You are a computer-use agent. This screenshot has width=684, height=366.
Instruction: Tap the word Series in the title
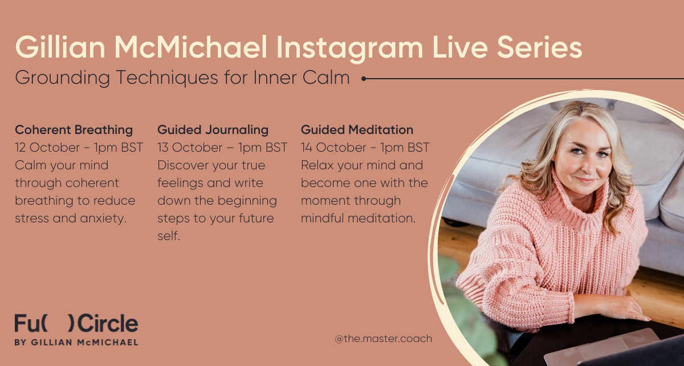click(540, 47)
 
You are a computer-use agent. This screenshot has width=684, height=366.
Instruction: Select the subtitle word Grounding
click(62, 78)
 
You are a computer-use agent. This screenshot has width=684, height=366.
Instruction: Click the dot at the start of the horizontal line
click(364, 79)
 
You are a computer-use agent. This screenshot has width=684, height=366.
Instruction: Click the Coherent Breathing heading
click(74, 130)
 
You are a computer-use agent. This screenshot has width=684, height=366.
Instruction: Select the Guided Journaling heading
click(213, 130)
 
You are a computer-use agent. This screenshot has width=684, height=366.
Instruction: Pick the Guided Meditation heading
click(357, 130)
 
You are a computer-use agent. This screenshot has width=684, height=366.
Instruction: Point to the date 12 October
click(47, 148)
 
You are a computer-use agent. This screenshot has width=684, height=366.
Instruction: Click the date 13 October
click(190, 148)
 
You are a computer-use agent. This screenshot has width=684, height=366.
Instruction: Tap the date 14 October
click(333, 148)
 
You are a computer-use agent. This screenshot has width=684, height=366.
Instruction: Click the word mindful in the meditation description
click(322, 218)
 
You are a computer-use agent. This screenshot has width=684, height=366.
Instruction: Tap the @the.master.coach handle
click(384, 339)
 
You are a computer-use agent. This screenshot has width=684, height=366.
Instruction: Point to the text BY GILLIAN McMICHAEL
click(76, 343)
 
